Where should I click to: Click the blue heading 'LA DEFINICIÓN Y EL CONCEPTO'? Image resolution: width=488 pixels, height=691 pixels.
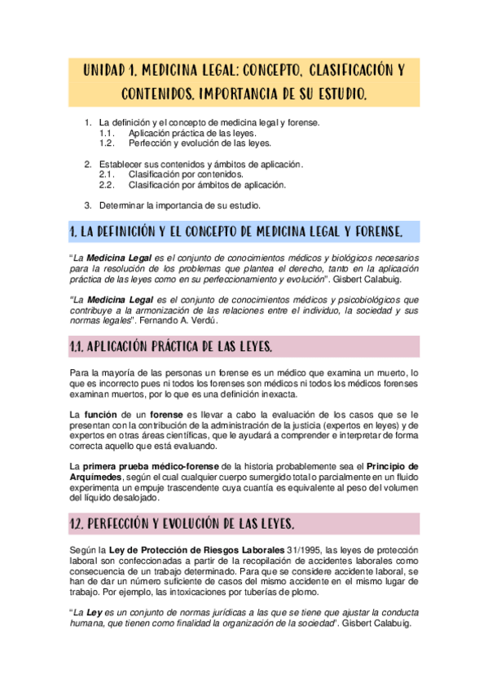click(x=244, y=232)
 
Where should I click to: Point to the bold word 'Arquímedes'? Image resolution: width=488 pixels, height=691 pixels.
click(x=99, y=477)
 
